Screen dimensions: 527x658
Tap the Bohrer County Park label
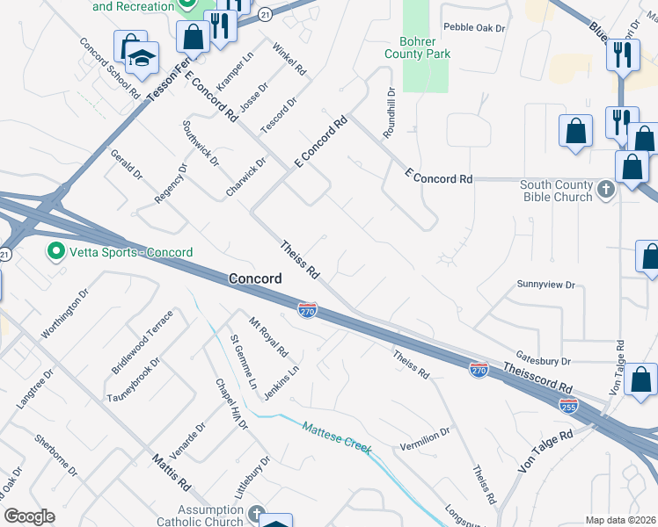[418, 47]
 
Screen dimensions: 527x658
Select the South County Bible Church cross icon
[605, 190]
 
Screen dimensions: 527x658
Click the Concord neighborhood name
[255, 278]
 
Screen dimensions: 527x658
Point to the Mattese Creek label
[337, 439]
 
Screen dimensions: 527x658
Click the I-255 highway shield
[569, 405]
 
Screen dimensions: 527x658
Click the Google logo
[29, 516]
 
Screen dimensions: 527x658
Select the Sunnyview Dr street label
[545, 285]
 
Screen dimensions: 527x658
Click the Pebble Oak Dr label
[474, 28]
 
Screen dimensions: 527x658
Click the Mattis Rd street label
[171, 472]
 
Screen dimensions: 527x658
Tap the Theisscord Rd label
[538, 375]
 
